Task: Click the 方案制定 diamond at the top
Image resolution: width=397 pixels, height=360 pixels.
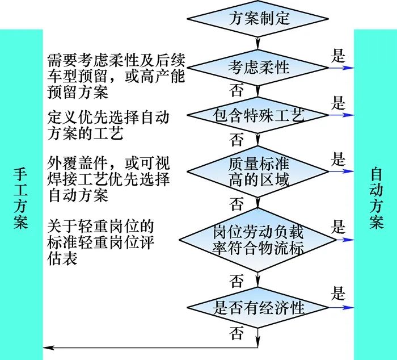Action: pyautogui.click(x=257, y=19)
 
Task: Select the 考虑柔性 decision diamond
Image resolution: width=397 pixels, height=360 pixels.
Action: pyautogui.click(x=257, y=68)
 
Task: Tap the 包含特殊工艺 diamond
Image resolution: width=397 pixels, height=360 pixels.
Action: pyautogui.click(x=257, y=115)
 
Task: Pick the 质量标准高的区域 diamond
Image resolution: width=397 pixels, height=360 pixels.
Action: pyautogui.click(x=257, y=171)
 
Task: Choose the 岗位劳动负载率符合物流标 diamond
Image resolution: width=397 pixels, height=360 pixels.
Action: pyautogui.click(x=257, y=240)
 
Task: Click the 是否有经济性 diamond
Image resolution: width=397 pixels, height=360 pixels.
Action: pyautogui.click(x=257, y=308)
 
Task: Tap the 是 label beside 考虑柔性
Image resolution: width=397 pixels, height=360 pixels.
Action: pyautogui.click(x=338, y=56)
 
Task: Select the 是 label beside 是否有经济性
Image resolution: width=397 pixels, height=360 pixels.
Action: pyautogui.click(x=338, y=293)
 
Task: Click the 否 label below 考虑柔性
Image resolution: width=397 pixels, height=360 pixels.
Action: pyautogui.click(x=236, y=90)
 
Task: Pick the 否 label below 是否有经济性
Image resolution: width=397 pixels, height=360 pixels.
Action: pyautogui.click(x=236, y=333)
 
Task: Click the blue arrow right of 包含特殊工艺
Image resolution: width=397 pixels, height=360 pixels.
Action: pyautogui.click(x=341, y=115)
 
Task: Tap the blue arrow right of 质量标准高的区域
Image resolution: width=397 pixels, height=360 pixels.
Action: pyautogui.click(x=341, y=171)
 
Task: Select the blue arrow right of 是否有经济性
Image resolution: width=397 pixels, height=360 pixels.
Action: pyautogui.click(x=341, y=308)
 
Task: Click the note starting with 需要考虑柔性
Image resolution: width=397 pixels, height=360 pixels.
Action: pyautogui.click(x=116, y=76)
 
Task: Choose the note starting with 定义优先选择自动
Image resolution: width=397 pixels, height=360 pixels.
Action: pyautogui.click(x=108, y=125)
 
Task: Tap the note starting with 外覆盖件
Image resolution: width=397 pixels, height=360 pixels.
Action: pyautogui.click(x=108, y=179)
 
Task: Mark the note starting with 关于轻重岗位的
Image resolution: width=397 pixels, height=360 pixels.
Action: pyautogui.click(x=101, y=242)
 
